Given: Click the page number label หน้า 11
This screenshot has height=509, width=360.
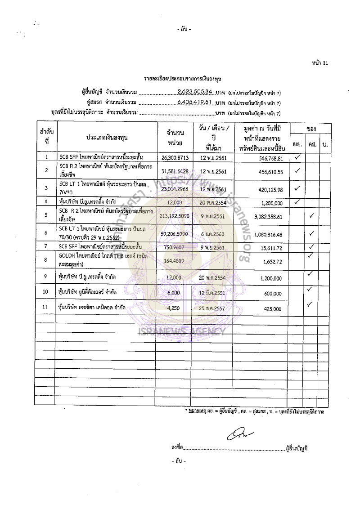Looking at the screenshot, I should coord(319,63).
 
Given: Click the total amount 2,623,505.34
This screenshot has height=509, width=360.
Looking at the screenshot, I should coord(195,92).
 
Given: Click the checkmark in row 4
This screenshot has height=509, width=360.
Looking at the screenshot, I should coord(297,201).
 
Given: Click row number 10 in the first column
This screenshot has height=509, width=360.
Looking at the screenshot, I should coord(46,292).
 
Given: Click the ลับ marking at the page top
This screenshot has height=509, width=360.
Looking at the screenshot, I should coord(184,30).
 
